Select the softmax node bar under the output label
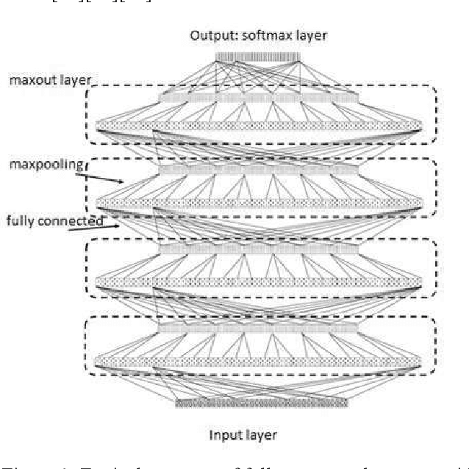tap(258, 57)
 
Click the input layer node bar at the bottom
tap(261, 402)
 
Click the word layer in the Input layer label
tap(263, 435)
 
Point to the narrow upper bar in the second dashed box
tap(258, 169)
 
